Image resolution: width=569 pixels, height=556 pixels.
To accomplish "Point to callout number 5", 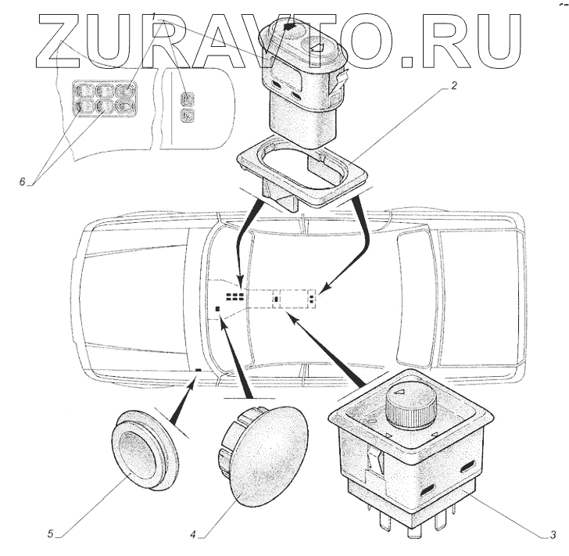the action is (49, 535).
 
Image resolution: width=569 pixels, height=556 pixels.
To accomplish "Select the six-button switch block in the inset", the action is (106, 100).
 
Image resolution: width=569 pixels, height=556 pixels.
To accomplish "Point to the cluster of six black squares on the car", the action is (234, 296).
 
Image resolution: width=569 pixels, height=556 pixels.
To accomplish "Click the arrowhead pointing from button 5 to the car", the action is (196, 379).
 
